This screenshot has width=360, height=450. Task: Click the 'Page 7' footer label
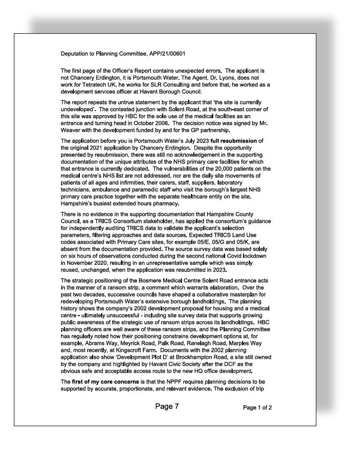point(167,406)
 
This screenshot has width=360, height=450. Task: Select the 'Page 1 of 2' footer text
point(257,408)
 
